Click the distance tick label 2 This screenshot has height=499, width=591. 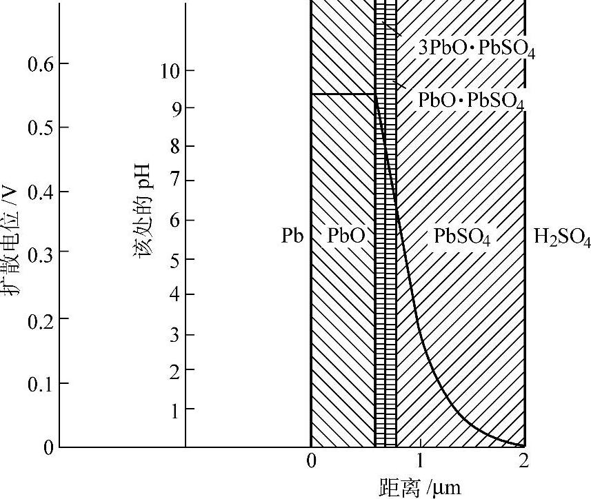coord(524,460)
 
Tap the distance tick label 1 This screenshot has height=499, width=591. coord(419,460)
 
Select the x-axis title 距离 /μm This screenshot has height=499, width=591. coord(419,487)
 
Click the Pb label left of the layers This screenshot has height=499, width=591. coord(292,236)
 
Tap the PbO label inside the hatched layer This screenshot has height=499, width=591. coord(346,236)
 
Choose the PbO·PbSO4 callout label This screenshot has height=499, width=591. coord(471,101)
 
